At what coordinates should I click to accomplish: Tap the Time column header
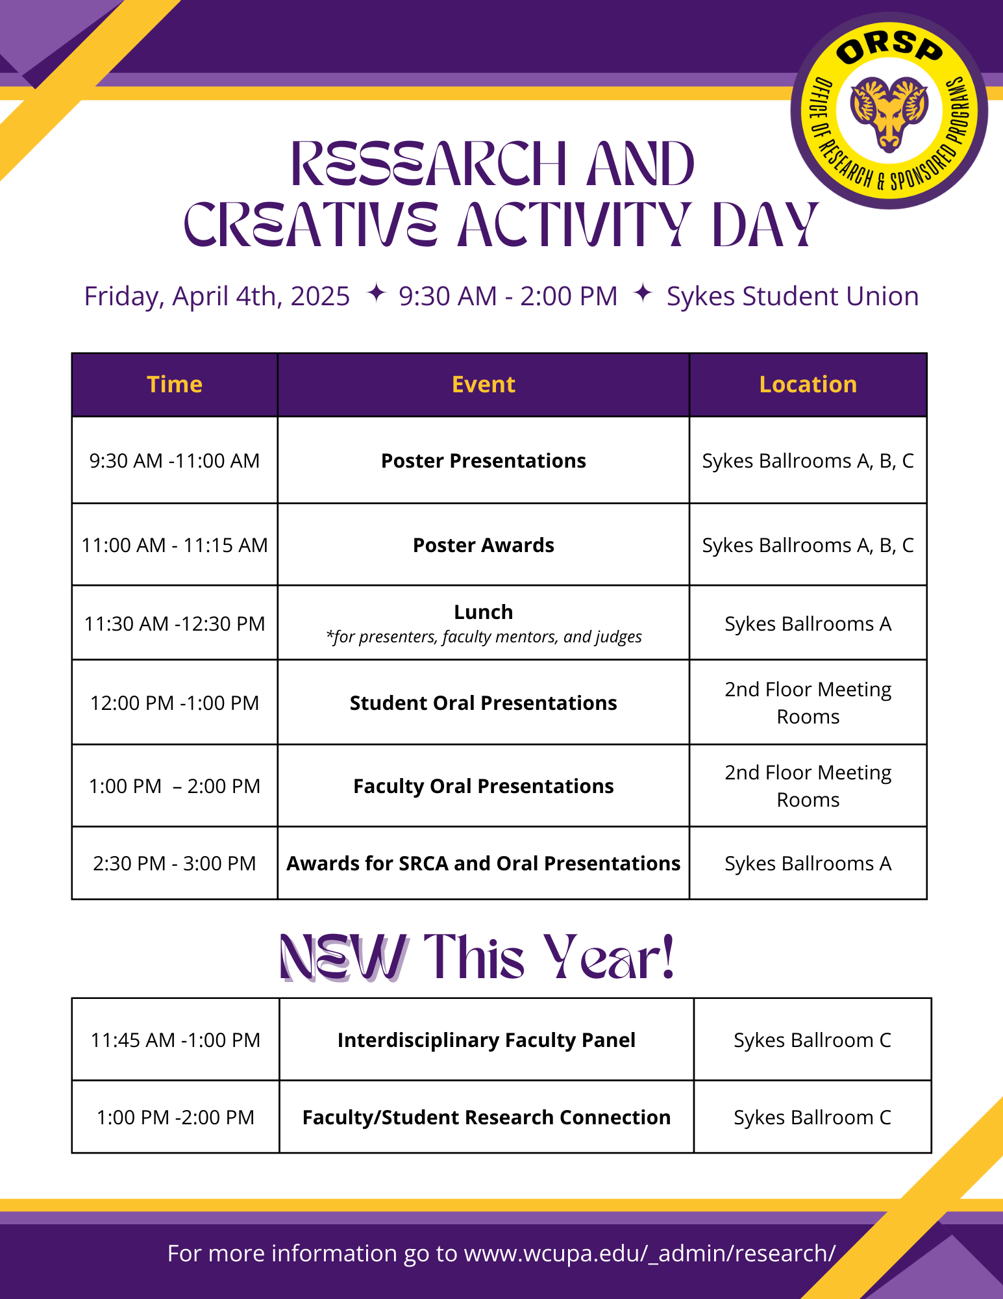[175, 385]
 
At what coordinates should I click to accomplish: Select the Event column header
[483, 385]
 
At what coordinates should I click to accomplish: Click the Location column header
[808, 385]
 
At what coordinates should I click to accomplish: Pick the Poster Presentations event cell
[483, 460]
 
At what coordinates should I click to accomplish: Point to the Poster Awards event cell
[483, 545]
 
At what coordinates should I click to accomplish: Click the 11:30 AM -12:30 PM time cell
[175, 624]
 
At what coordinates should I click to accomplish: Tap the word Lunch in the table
[483, 612]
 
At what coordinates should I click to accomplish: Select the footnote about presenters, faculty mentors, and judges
[483, 637]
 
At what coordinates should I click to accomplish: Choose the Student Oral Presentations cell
[483, 703]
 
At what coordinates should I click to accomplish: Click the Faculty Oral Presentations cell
[483, 786]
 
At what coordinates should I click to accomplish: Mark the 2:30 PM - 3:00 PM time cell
[175, 863]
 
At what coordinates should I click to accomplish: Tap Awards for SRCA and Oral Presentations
[483, 863]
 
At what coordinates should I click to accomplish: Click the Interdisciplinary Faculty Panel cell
[486, 1040]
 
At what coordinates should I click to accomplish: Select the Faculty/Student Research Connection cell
[486, 1117]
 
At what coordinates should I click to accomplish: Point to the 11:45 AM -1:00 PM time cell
[175, 1040]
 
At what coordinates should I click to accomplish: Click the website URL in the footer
[649, 1253]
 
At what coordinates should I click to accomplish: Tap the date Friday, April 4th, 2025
[217, 296]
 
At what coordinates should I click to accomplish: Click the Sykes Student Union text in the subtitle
[793, 296]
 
